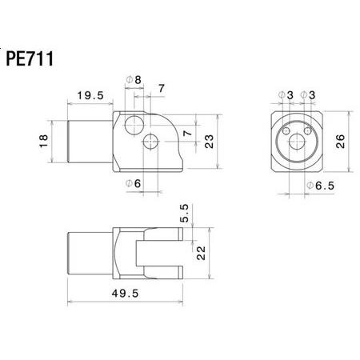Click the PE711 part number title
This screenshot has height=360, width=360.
coord(30,58)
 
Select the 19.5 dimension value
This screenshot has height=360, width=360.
coord(90,95)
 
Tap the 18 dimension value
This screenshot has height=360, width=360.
coord(44,141)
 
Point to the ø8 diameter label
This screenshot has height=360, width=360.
coord(134,80)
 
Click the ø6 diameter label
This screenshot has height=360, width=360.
coord(133,183)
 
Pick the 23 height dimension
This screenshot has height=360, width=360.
coord(210,142)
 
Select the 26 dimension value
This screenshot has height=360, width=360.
coord(340,142)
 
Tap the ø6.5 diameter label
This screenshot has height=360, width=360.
coord(320,186)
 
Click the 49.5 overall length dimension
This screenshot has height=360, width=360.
coord(125,294)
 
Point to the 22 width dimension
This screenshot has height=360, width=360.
coord(201,253)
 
